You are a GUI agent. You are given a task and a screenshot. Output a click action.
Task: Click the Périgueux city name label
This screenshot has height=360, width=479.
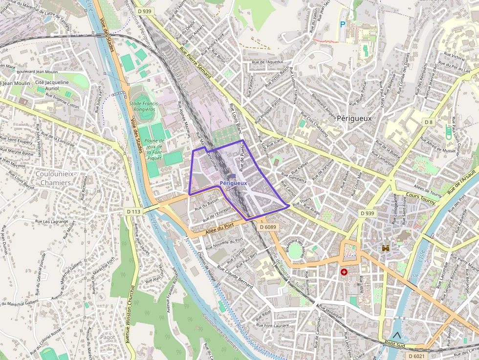354,118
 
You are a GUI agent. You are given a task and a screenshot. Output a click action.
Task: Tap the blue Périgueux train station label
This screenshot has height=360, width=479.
233,183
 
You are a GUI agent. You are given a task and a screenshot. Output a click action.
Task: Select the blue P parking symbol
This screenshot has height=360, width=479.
342,24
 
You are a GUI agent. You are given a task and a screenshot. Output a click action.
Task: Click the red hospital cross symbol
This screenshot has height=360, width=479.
345,272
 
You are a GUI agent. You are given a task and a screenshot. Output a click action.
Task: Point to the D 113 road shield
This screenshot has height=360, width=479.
133,212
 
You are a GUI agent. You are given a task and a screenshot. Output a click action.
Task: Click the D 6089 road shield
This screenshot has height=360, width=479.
268,227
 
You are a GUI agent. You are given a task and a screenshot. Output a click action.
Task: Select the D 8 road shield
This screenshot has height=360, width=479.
428,122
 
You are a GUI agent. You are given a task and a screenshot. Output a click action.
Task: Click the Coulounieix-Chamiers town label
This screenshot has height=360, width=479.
53,178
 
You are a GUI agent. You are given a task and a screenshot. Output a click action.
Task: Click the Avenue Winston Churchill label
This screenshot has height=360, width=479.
131,313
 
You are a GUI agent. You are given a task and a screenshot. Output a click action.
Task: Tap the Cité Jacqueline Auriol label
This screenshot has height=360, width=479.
52,86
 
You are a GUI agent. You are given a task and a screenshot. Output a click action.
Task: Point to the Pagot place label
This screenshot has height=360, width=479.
107,337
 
